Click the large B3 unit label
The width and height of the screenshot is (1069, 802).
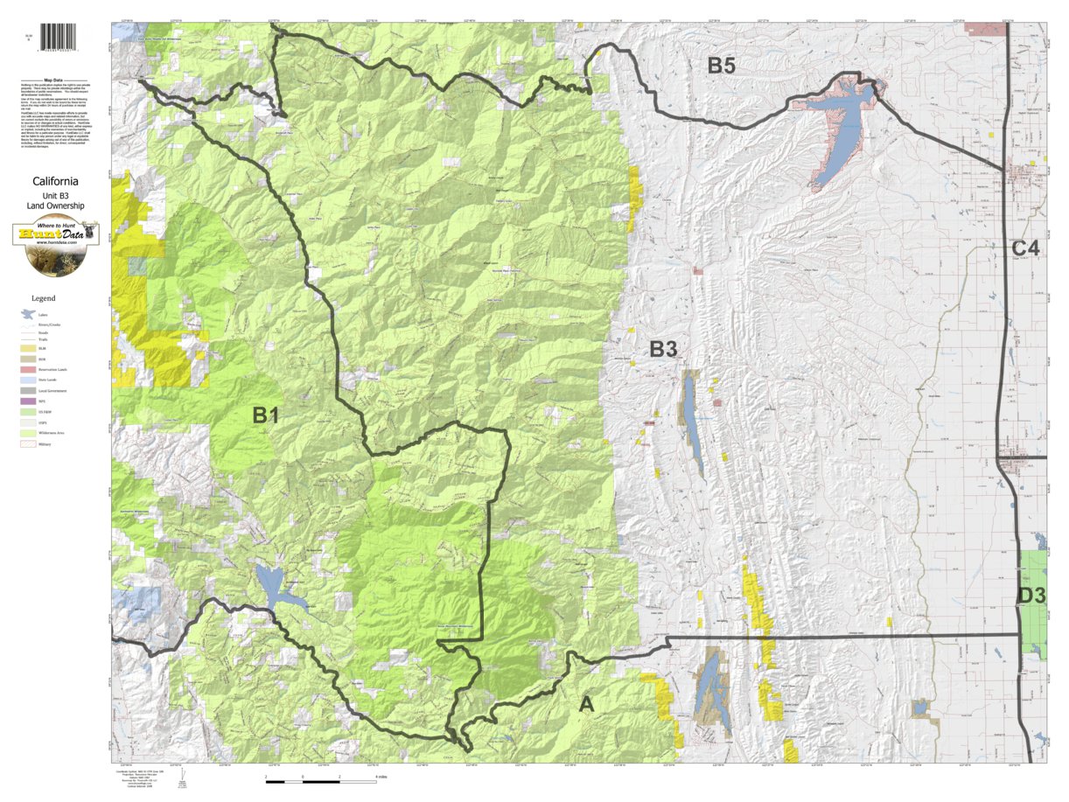click(663, 350)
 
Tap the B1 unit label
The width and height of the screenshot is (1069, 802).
click(265, 416)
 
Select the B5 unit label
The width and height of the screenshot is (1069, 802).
click(726, 65)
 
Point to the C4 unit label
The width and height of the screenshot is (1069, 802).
click(1026, 248)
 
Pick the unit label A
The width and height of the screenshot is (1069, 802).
click(586, 703)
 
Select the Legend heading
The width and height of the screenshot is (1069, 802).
click(43, 298)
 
